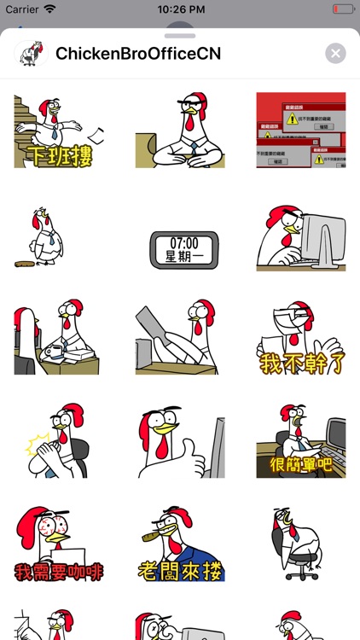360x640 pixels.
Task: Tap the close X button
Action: click(x=335, y=54)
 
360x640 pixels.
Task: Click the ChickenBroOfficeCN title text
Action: click(x=138, y=54)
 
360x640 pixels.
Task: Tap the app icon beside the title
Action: click(x=31, y=54)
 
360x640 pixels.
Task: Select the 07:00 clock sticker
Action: click(x=179, y=247)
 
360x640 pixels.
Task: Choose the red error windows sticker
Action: click(x=301, y=130)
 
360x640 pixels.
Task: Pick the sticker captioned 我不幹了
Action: click(x=301, y=338)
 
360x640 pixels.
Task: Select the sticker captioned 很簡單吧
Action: click(x=301, y=441)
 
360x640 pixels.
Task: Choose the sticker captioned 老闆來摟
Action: click(x=179, y=544)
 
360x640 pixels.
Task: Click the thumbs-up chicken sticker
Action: click(x=179, y=441)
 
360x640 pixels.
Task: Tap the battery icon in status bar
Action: click(x=343, y=9)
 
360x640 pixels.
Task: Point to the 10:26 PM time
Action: click(x=180, y=9)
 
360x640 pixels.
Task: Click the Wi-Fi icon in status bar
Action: click(x=49, y=9)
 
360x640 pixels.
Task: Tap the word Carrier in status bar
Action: click(x=21, y=9)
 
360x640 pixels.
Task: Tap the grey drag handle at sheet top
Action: click(x=180, y=36)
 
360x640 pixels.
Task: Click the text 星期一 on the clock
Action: click(x=179, y=256)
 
